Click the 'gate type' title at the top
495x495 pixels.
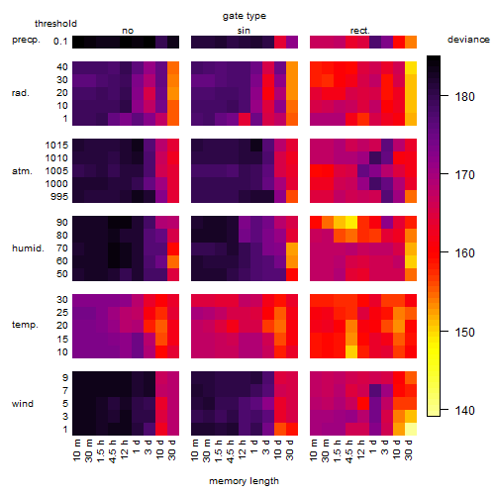tap(245, 16)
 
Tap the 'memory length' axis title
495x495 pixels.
tap(244, 481)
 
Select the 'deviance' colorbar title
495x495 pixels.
tap(468, 40)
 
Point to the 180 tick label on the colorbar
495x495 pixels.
tap(464, 97)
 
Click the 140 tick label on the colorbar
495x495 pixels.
tap(464, 411)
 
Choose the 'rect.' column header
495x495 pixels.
tap(359, 31)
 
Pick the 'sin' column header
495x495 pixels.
tap(244, 31)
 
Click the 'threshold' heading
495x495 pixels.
tap(55, 24)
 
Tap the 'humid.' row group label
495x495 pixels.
tap(28, 248)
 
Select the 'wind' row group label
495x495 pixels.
tap(23, 404)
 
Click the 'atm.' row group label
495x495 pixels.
tap(22, 171)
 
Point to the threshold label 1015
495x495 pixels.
tap(56, 146)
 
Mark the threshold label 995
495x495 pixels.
tap(59, 197)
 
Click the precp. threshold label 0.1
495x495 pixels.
tap(60, 42)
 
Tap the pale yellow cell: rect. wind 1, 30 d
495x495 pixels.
tap(411, 429)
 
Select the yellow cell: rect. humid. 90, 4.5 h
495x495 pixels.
tap(351, 223)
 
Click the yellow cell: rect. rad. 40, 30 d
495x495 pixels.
tap(411, 68)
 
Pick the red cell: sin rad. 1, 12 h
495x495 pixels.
tap(245, 119)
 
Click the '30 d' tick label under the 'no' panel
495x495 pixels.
tap(172, 449)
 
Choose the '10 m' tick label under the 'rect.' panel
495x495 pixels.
tap(314, 449)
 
